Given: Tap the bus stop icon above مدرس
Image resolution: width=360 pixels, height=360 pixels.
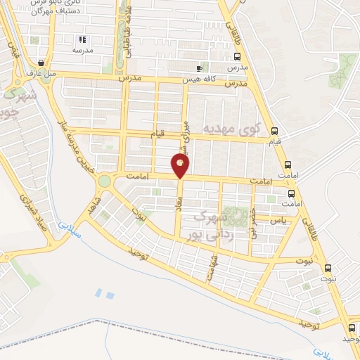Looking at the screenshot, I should click(x=238, y=57).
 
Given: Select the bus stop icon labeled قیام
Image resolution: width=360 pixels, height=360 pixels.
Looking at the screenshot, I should click(x=274, y=131).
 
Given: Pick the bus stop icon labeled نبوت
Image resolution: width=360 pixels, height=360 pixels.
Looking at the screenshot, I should click(x=327, y=267).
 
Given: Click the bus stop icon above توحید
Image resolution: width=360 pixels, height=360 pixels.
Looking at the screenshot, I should click(x=352, y=328).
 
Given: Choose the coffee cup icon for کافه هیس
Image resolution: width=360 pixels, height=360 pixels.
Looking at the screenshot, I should click(x=200, y=68).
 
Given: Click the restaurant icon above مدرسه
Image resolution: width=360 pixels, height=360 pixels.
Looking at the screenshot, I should click(x=82, y=40).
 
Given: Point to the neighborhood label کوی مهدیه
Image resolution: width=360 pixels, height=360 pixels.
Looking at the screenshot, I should click(x=231, y=130).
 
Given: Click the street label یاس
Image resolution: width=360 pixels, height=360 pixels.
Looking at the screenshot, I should click(x=280, y=221).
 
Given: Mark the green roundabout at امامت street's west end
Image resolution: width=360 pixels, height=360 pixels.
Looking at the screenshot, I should click(x=105, y=181).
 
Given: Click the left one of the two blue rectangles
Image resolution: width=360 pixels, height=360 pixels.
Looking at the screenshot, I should click(x=98, y=292).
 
